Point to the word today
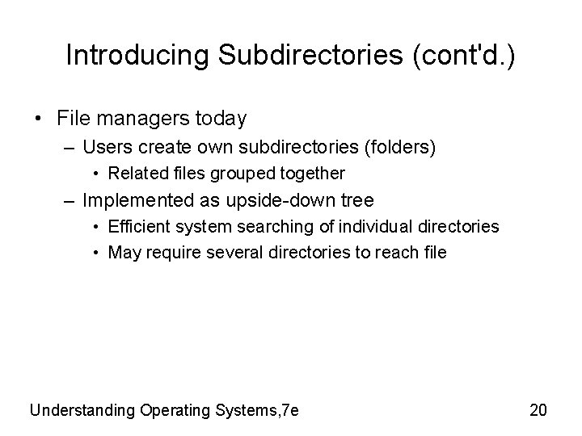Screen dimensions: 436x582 pos(220,119)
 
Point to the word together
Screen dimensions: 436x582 pos(314,173)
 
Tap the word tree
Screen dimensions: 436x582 pos(357,199)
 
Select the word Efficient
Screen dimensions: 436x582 pos(137,227)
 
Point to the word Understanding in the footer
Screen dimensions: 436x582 pos(82,410)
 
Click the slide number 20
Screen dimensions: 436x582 pos(538,410)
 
